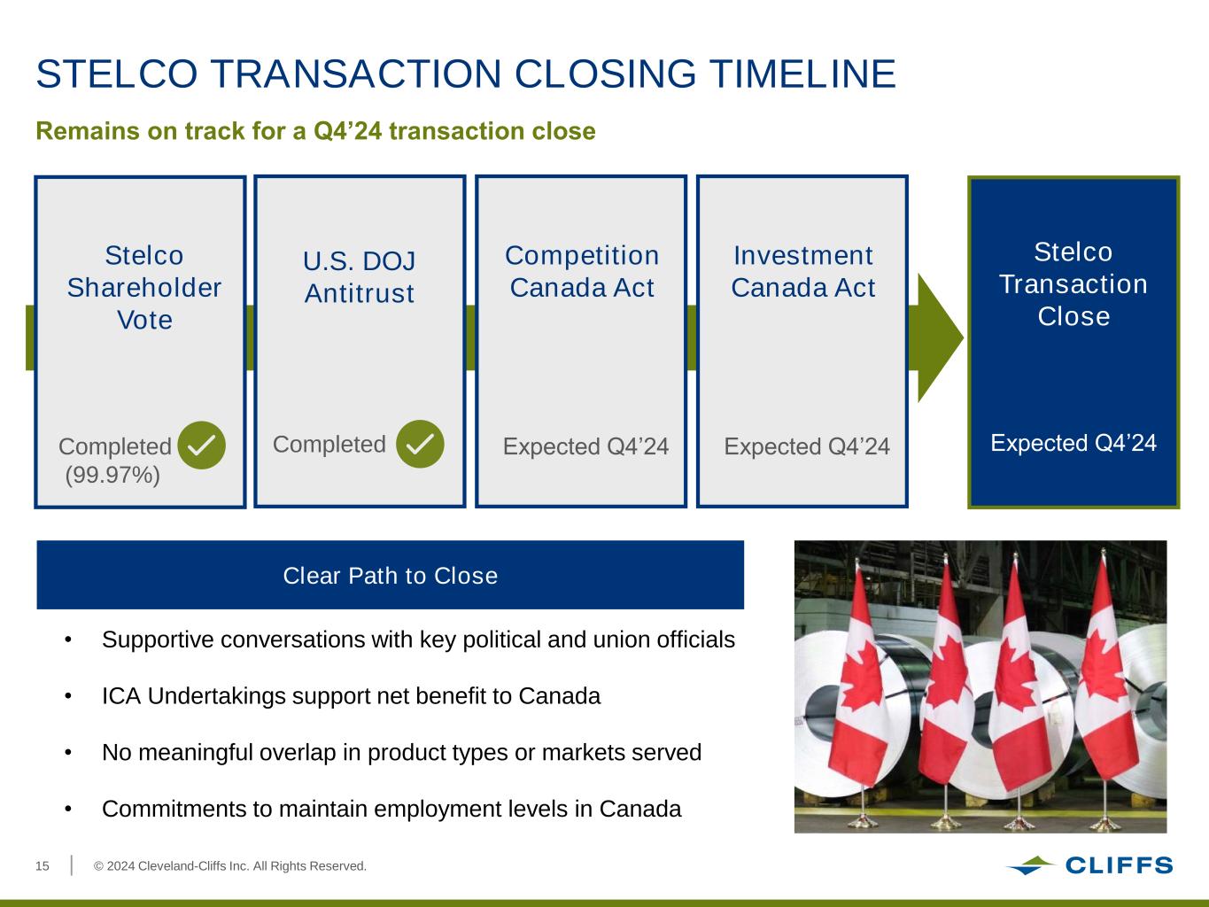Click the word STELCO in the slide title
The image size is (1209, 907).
point(117,74)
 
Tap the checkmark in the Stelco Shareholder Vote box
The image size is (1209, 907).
point(202,445)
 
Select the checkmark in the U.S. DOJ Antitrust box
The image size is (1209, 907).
point(420,444)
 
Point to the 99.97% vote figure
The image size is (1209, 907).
point(112,475)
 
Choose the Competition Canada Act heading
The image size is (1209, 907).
point(582,272)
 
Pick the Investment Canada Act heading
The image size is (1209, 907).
point(803,272)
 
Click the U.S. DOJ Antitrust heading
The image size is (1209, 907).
point(360,277)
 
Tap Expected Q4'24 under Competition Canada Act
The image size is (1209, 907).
point(585,446)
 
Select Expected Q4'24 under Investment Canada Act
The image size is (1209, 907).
point(807,446)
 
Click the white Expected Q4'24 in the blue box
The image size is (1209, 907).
point(1073,443)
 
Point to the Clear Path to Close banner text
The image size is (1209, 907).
point(391,576)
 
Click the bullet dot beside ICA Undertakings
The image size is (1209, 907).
point(68,696)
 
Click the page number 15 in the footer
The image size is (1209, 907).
point(43,866)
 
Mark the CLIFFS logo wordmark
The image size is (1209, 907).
point(1120,865)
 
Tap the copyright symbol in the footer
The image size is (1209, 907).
point(98,866)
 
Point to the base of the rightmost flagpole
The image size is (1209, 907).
point(1105,824)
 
